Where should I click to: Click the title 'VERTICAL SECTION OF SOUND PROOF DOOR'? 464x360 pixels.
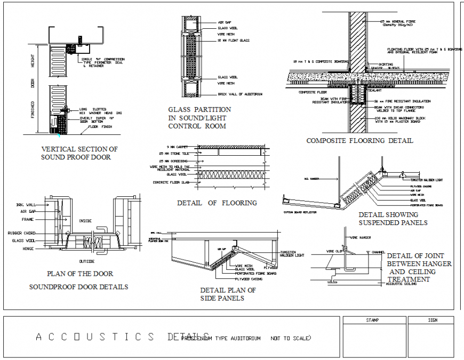pos(79,153)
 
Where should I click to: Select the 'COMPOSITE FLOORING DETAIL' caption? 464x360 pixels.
pos(359,141)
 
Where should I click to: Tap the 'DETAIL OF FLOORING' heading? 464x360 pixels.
pos(217,203)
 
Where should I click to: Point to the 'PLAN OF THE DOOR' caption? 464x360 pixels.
pos(80,274)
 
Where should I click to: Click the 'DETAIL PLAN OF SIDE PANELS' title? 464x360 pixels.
pos(228,294)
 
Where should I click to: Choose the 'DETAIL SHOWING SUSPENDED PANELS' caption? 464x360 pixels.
pos(393,218)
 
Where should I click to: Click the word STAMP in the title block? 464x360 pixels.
pos(372,321)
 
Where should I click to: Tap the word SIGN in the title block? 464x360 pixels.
pos(433,321)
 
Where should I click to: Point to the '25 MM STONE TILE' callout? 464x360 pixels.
pos(178,153)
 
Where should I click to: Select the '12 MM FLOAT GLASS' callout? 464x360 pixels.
pos(233,41)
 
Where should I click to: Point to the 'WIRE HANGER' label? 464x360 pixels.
pos(361,237)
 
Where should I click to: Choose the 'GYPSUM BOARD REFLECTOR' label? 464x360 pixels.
pos(300,212)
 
